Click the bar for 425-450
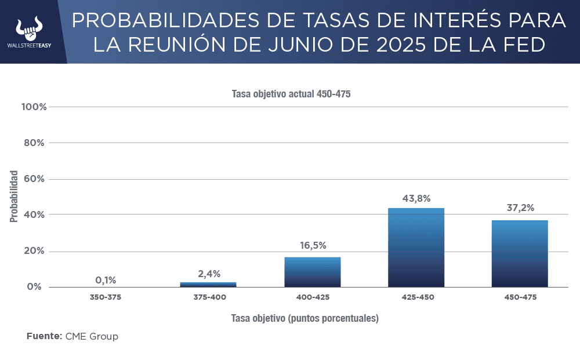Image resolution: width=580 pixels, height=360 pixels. pos(416,248)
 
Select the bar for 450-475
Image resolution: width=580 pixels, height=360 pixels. pos(520,253)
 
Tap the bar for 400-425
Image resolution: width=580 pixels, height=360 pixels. pos(312,272)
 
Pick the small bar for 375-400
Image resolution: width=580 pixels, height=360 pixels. pos(208,285)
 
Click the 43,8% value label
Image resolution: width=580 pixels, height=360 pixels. pos(416,198)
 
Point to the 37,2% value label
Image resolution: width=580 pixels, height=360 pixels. pos(520,208)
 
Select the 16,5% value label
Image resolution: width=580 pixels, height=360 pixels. pos(312,246)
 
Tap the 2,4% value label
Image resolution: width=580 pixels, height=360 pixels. pos(208,274)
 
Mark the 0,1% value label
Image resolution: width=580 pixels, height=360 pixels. pos(106,280)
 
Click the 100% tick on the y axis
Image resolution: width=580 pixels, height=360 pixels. pos(34,107)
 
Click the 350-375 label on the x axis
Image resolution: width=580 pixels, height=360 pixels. pos(106,297)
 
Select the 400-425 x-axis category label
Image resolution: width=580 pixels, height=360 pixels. pos(313,297)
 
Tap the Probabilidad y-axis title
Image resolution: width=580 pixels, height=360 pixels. pos(14,196)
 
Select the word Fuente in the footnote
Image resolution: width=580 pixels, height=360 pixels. pos(43,336)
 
